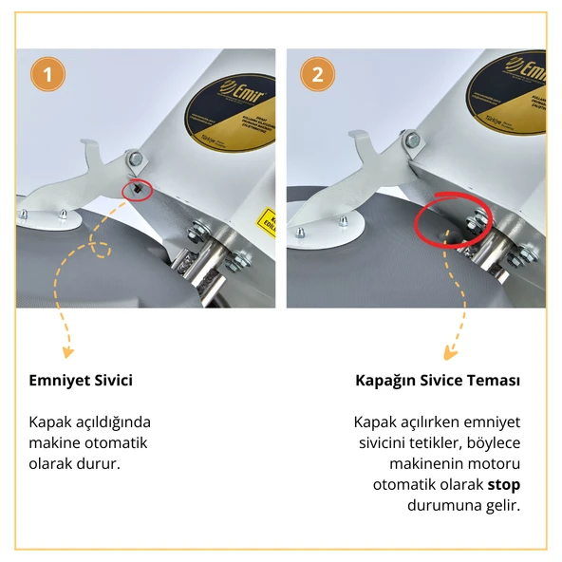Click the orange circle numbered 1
click(x=48, y=73)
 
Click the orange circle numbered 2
click(x=318, y=73)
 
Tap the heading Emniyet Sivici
click(x=81, y=381)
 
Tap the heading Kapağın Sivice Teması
click(x=438, y=381)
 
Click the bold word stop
click(x=504, y=484)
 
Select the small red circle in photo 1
click(x=139, y=190)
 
